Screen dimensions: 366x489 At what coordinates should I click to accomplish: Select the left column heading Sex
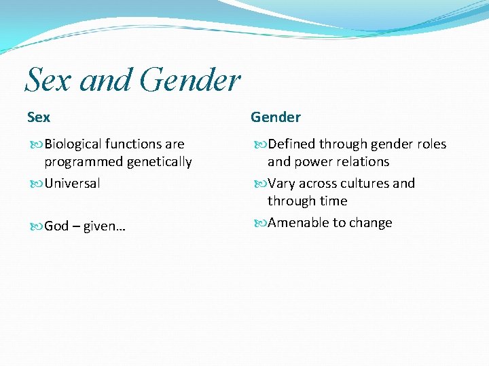[x=39, y=117]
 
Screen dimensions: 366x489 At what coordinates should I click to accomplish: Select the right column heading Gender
[x=276, y=117]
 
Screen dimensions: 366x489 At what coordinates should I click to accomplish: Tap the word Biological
[x=73, y=144]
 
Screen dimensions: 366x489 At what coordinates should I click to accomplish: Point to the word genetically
[x=159, y=162]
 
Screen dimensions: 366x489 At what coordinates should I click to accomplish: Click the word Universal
[x=72, y=183]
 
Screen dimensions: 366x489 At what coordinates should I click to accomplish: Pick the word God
[x=56, y=226]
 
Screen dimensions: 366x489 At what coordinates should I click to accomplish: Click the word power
[x=314, y=162]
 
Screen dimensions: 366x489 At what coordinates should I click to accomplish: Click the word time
[x=333, y=201]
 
